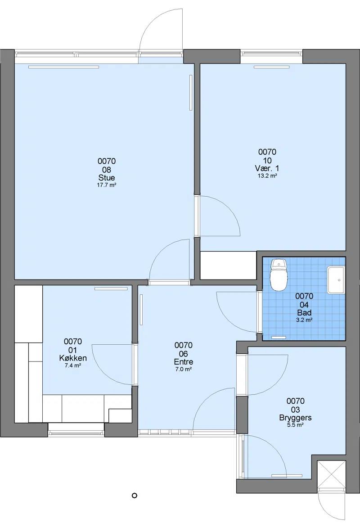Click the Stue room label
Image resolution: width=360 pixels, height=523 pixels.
click(107, 178)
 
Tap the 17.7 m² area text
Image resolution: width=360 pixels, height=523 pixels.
click(107, 185)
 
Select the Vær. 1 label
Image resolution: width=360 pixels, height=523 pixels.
click(267, 168)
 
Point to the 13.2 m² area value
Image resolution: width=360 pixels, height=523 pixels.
click(267, 176)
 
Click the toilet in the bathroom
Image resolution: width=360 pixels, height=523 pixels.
click(279, 275)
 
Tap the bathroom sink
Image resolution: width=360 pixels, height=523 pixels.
click(336, 280)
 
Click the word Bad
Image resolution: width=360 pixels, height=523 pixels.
click(304, 313)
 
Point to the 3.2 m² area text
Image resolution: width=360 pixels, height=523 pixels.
click(304, 320)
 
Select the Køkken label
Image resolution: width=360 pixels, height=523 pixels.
click(73, 358)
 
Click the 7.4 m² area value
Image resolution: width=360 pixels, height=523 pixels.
click(73, 365)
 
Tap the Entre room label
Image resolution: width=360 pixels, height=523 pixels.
click(184, 362)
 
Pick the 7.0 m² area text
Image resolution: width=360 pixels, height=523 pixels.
click(184, 369)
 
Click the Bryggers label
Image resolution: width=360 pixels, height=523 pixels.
click(295, 418)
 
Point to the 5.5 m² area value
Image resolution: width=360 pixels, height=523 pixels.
click(295, 425)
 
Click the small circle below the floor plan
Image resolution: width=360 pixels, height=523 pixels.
click(135, 496)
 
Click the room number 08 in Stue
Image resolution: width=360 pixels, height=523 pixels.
click(107, 170)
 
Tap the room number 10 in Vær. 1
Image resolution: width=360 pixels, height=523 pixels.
click(267, 160)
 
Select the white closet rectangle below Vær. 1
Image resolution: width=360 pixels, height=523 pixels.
click(228, 266)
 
